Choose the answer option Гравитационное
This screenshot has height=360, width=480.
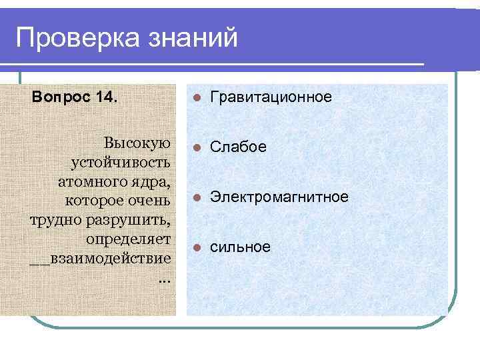click(x=271, y=97)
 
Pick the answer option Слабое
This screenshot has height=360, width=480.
click(x=238, y=147)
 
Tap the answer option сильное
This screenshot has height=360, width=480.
click(x=240, y=247)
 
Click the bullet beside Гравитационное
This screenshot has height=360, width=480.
click(x=196, y=98)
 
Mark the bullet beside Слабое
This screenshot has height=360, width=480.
click(x=196, y=147)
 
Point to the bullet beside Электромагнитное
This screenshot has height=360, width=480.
click(x=196, y=197)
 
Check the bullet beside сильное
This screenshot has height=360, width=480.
click(x=196, y=248)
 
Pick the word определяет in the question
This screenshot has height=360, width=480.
click(x=129, y=238)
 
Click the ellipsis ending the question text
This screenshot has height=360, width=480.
click(x=165, y=277)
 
